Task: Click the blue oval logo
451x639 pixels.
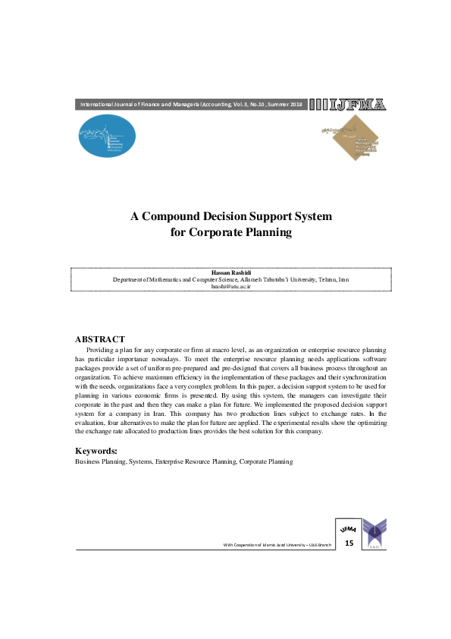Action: (108, 135)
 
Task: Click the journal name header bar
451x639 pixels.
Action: (191, 105)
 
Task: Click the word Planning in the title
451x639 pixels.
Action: (266, 233)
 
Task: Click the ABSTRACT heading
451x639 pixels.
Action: (100, 338)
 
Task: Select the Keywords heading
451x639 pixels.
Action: (96, 452)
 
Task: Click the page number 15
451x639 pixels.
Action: (349, 543)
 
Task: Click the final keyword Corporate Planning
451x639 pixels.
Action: (266, 461)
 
